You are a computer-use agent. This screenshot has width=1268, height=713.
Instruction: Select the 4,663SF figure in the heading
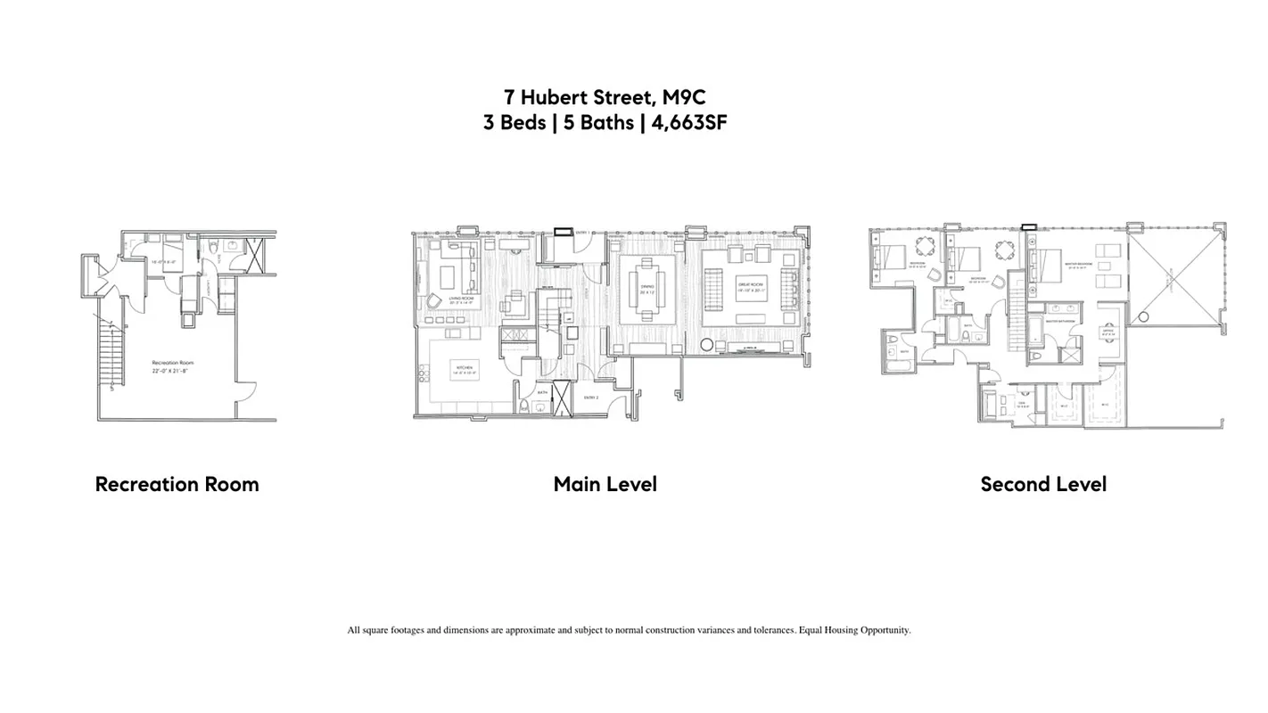click(x=688, y=123)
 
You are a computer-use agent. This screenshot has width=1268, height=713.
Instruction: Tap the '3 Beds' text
click(x=514, y=123)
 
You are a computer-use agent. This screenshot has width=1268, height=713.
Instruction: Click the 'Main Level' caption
click(x=605, y=484)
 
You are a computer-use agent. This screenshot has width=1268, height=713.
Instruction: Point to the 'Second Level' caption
click(x=1043, y=484)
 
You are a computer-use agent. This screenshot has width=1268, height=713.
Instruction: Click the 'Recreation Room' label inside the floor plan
click(x=172, y=363)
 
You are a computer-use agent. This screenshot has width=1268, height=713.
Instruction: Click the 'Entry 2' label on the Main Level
click(x=590, y=397)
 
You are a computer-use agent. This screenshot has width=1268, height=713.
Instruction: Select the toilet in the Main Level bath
click(x=526, y=407)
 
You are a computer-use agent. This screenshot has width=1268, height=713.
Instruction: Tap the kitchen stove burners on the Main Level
click(x=515, y=336)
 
